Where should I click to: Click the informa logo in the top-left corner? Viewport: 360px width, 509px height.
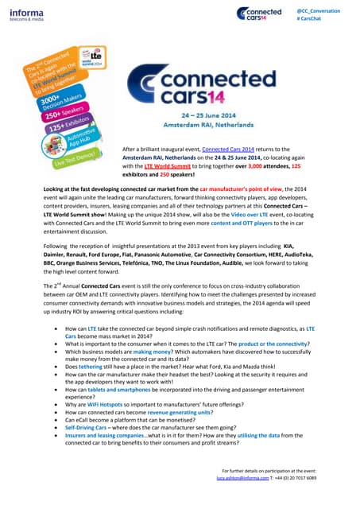coord(25,13)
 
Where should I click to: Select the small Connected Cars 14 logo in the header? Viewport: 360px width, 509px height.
coord(259,14)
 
